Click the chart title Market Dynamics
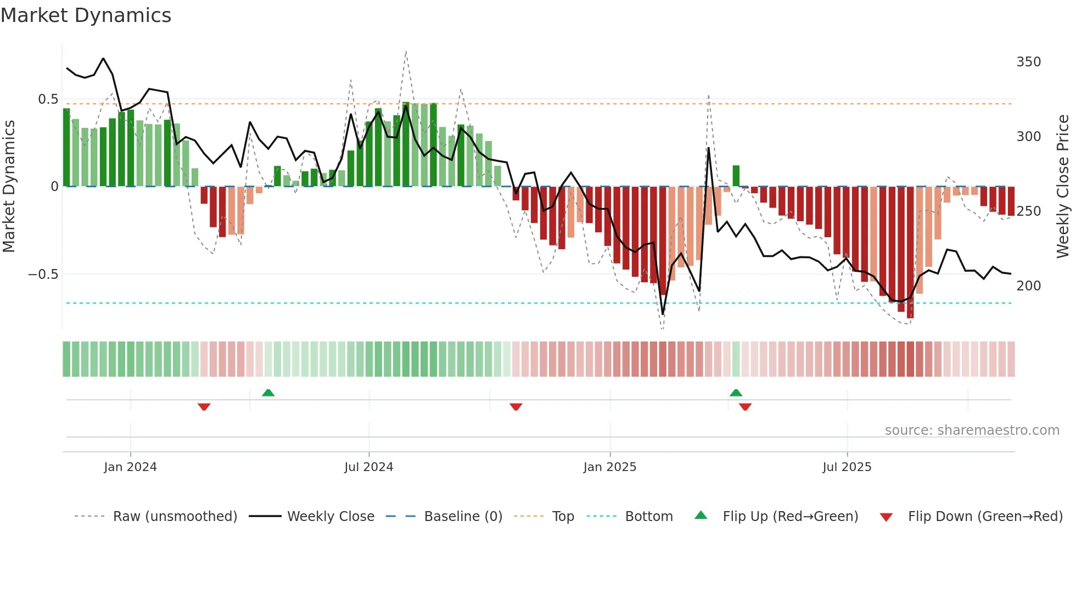[86, 15]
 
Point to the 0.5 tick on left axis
[48, 99]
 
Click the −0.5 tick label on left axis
[43, 275]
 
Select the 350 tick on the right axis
[1028, 62]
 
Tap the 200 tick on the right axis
[1028, 286]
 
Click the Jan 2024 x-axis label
[130, 467]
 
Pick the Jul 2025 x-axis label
[847, 467]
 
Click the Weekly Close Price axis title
[1063, 187]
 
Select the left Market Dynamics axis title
[9, 187]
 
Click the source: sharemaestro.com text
[972, 430]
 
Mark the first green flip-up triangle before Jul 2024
[268, 393]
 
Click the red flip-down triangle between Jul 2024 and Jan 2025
[515, 407]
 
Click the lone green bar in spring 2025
[736, 176]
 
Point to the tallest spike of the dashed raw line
[406, 52]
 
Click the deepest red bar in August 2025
[910, 253]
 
